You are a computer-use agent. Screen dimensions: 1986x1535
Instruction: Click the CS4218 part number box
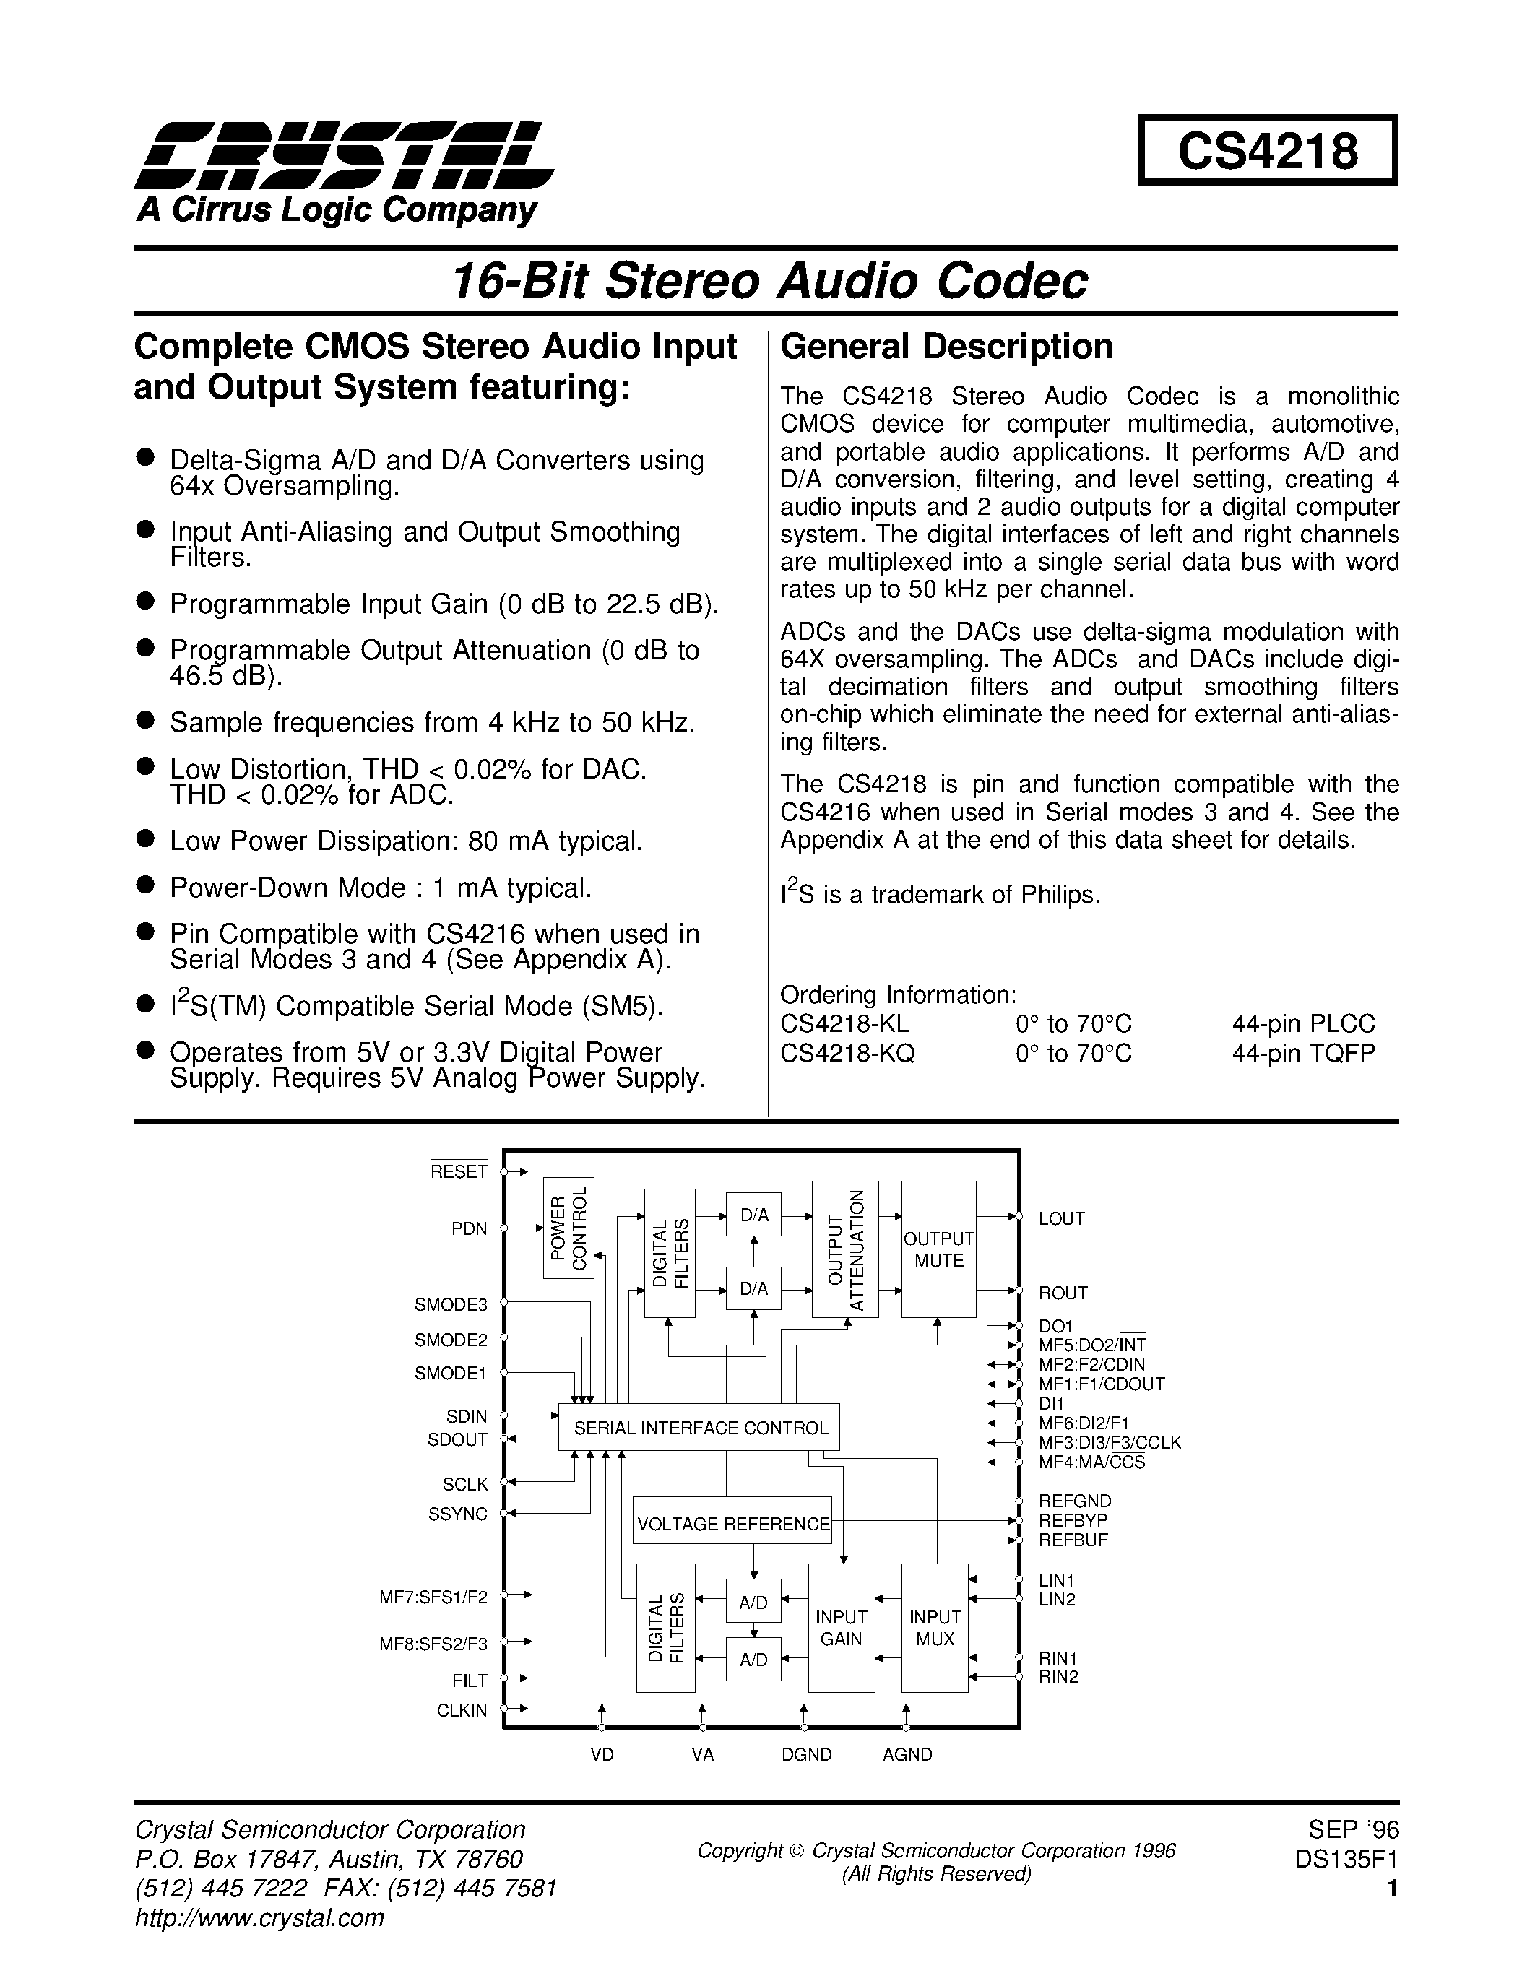[x=1267, y=151]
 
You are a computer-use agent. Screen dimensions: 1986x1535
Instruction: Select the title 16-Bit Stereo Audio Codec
[x=769, y=280]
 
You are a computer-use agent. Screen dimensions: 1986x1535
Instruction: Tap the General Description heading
[x=947, y=347]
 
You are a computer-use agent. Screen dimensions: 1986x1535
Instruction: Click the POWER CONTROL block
[x=568, y=1227]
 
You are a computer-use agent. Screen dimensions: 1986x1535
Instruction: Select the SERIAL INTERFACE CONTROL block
[x=699, y=1428]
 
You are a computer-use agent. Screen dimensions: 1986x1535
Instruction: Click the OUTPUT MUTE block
[x=938, y=1249]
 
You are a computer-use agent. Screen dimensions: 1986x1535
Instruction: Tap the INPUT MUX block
[x=935, y=1629]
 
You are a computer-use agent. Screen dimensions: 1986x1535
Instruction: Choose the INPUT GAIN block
[x=841, y=1629]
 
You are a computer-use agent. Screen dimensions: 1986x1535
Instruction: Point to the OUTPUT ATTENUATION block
[x=845, y=1249]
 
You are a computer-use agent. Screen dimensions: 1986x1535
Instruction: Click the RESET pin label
[x=459, y=1172]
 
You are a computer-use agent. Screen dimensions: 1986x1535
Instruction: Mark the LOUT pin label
[x=1062, y=1218]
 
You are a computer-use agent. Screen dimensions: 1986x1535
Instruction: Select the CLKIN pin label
[x=462, y=1710]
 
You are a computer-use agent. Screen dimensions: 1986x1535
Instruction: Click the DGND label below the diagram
[x=807, y=1755]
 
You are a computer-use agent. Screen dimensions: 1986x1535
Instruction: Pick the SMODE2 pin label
[x=451, y=1340]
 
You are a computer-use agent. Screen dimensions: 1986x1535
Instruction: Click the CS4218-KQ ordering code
[x=847, y=1053]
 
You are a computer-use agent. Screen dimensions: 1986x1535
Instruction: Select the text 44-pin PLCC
[x=1303, y=1024]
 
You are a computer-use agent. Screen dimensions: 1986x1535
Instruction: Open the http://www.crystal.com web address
[x=259, y=1918]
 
